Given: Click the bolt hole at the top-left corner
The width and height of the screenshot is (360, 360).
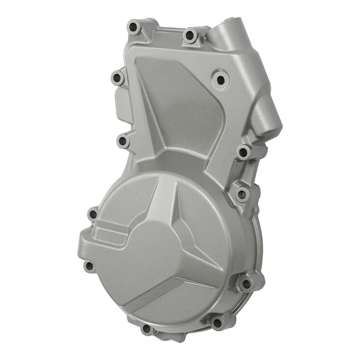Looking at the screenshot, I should click(x=134, y=28).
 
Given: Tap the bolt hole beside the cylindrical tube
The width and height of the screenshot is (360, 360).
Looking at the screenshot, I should click(x=191, y=35).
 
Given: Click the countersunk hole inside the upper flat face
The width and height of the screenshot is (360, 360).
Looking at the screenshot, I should click(x=220, y=80).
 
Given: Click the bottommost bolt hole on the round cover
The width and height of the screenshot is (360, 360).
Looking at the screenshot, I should click(x=147, y=328).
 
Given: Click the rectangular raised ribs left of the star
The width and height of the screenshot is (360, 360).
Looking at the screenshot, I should click(x=110, y=232).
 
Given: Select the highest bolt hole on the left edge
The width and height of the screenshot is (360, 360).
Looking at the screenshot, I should click(x=117, y=78).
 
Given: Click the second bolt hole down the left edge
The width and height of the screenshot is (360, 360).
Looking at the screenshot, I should click(x=123, y=141).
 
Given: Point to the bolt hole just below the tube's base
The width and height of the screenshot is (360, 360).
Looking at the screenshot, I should click(x=243, y=152).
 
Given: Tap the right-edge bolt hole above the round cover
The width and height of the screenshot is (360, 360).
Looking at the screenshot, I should click(x=242, y=194).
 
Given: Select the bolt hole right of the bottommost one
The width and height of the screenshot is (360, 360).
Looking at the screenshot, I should click(x=217, y=322).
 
